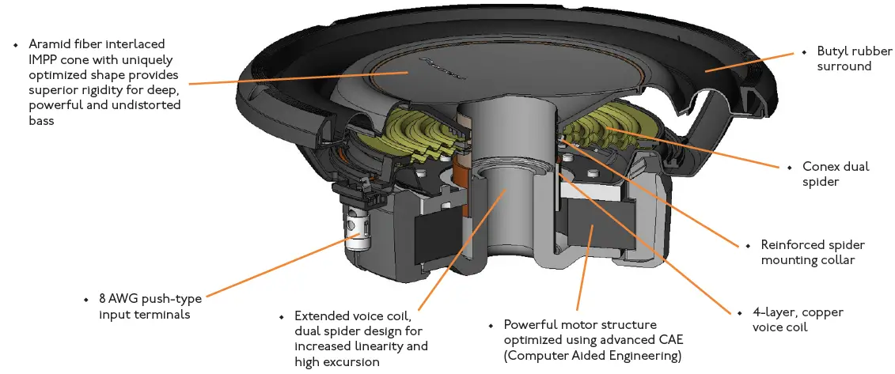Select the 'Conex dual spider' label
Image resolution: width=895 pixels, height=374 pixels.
pyautogui.click(x=836, y=174)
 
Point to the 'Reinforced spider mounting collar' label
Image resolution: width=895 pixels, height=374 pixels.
pyautogui.click(x=813, y=252)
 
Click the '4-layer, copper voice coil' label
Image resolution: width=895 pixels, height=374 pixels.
pyautogui.click(x=798, y=319)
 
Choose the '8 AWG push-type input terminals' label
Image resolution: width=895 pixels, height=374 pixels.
pyautogui.click(x=150, y=307)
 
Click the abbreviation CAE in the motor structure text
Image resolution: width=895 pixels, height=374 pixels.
pyautogui.click(x=664, y=341)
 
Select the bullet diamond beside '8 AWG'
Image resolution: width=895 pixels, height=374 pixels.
pyautogui.click(x=85, y=300)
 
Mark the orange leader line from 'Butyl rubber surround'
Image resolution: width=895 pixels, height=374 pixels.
pyautogui.click(x=752, y=62)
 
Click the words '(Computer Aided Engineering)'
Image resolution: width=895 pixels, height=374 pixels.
pyautogui.click(x=593, y=356)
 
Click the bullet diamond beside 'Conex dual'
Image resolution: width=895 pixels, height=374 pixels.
pyautogui.click(x=788, y=167)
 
